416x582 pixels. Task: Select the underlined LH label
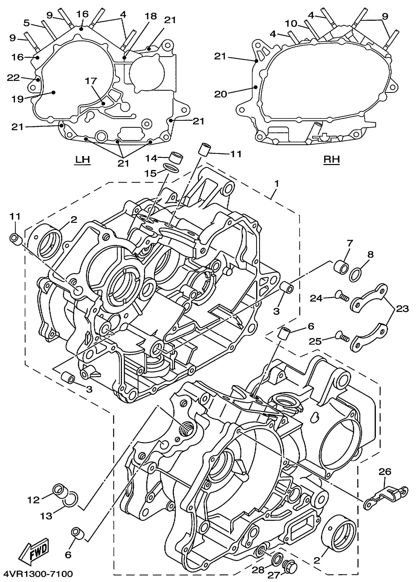pyautogui.click(x=82, y=159)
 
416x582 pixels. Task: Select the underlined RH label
pyautogui.click(x=332, y=159)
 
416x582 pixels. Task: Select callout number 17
pyautogui.click(x=91, y=81)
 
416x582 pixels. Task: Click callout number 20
pyautogui.click(x=220, y=94)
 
